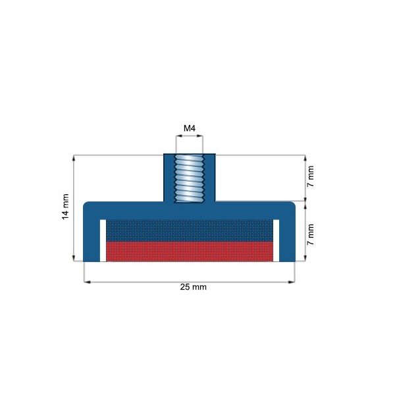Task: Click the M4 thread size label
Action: (x=189, y=128)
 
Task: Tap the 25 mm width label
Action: (x=189, y=288)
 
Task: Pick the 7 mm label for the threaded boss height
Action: (x=311, y=177)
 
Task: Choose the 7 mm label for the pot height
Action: (x=311, y=234)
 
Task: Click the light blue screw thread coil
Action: (x=189, y=178)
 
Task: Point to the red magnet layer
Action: (x=189, y=251)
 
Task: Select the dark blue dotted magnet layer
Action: (x=189, y=230)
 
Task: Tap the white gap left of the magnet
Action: (x=102, y=240)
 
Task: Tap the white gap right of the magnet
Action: (x=276, y=240)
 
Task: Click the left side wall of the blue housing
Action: (x=92, y=237)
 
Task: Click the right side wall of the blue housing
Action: (x=286, y=237)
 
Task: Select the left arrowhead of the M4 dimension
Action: (x=177, y=136)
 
